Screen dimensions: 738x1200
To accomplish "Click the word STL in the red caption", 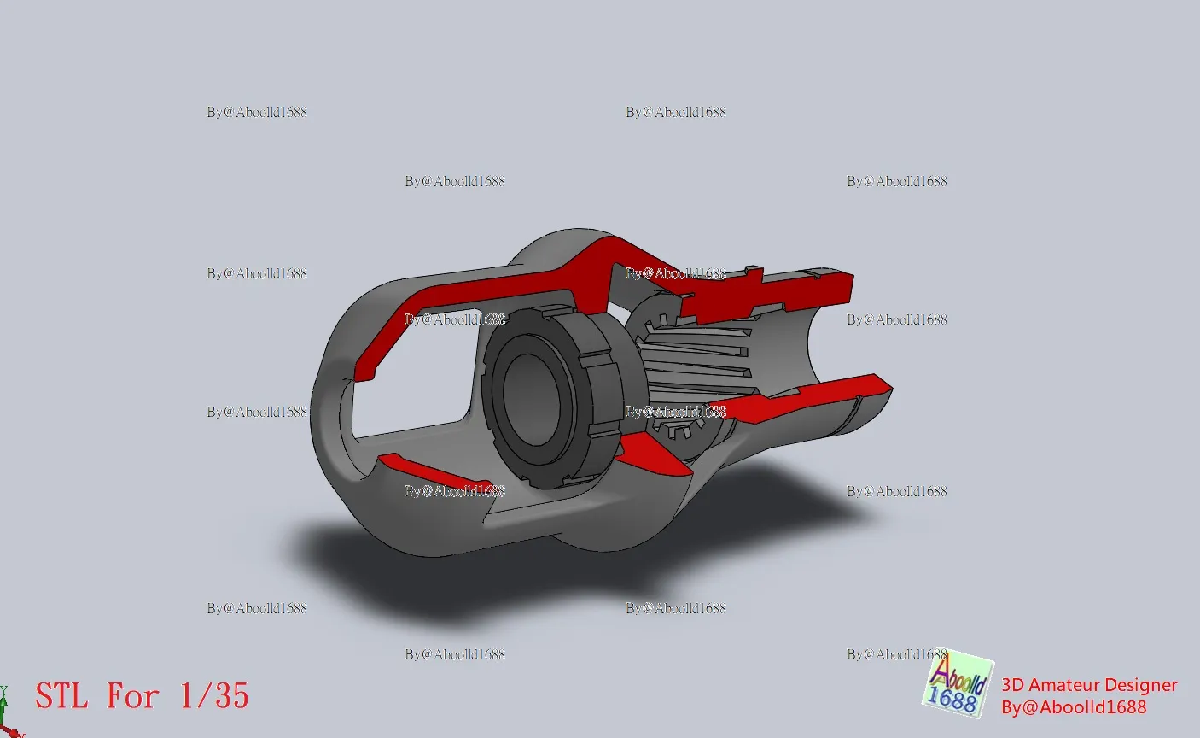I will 61,695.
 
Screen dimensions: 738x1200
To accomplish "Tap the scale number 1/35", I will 214,695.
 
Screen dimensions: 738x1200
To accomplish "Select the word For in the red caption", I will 132,695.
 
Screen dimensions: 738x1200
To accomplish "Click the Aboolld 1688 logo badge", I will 958,683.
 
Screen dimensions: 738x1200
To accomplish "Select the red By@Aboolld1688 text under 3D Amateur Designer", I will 1074,707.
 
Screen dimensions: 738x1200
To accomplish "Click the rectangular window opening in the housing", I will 410,376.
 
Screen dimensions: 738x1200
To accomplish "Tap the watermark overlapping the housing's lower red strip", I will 454,491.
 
